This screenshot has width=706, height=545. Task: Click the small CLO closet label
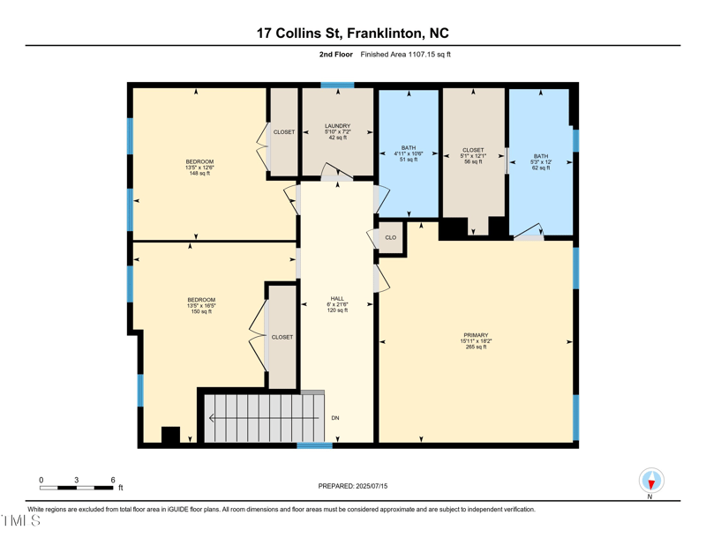pyautogui.click(x=391, y=237)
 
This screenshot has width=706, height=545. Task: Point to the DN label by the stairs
pyautogui.click(x=335, y=417)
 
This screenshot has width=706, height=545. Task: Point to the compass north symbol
pyautogui.click(x=651, y=481)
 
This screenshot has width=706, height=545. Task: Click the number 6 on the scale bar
pyautogui.click(x=113, y=480)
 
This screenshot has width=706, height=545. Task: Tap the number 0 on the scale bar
pyautogui.click(x=41, y=480)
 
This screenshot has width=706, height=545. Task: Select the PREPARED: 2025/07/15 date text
pyautogui.click(x=353, y=486)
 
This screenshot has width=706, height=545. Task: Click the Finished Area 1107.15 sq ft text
pyautogui.click(x=405, y=55)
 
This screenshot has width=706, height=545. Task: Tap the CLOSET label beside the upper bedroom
pyautogui.click(x=284, y=132)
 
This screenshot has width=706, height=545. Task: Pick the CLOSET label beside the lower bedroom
pyautogui.click(x=282, y=337)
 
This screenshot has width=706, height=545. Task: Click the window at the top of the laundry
pyautogui.click(x=337, y=86)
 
